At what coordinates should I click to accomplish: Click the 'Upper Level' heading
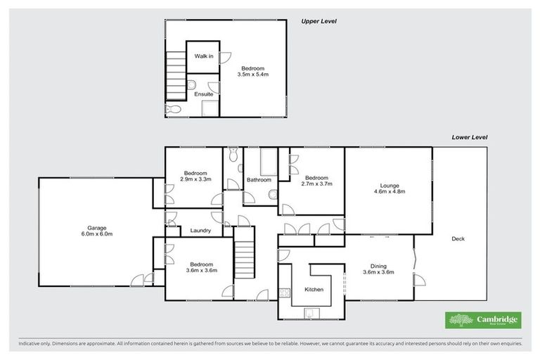pos(319,21)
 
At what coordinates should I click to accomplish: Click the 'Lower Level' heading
pos(469,137)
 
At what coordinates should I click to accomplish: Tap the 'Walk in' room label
pos(204,56)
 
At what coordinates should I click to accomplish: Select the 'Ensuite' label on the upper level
pos(204,94)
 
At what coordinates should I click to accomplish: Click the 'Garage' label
pos(96,228)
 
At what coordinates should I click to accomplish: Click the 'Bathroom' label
pos(259,180)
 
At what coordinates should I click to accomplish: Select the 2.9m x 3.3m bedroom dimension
pos(195,179)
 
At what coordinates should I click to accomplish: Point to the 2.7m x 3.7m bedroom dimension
pos(316,184)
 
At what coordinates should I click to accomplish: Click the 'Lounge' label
pos(388,186)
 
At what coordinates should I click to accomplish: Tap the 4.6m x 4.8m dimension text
pos(388,192)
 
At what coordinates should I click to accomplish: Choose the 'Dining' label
pos(378,266)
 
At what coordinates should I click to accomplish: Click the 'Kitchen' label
pos(313,289)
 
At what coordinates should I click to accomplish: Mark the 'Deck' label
pos(459,239)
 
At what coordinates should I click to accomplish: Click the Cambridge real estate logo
pos(483,320)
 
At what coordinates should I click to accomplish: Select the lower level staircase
pos(243,259)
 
